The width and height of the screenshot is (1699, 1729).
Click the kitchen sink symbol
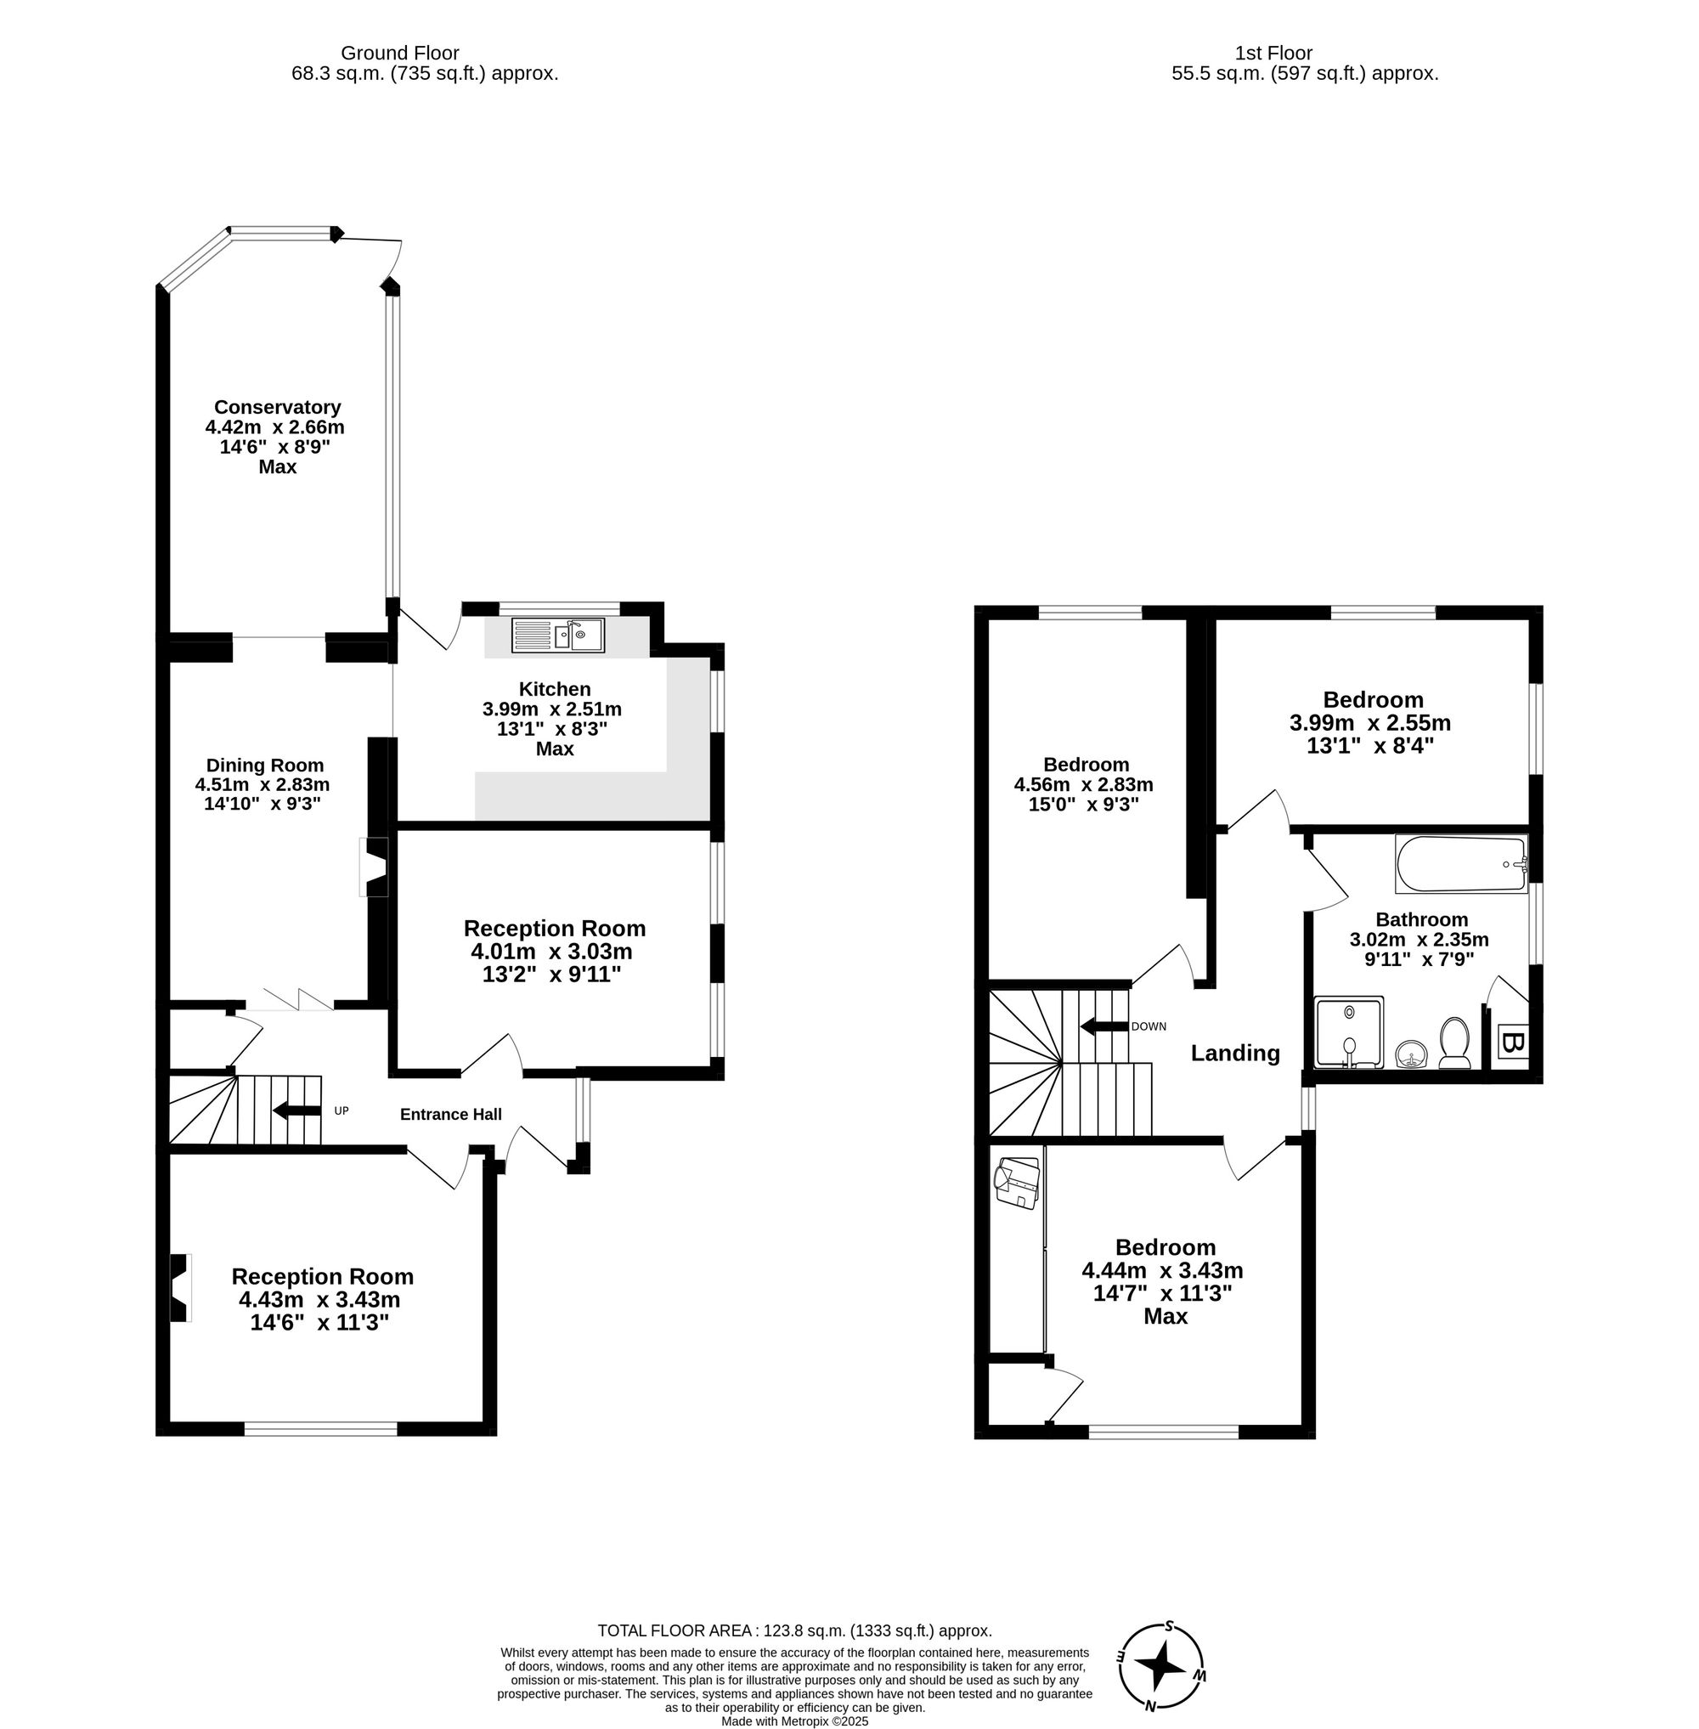559,636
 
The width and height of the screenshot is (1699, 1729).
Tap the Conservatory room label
277,407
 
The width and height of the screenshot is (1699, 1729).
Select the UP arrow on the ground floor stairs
296,1110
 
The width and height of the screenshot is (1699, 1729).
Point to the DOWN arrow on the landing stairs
1104,1026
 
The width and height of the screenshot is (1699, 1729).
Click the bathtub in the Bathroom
1461,864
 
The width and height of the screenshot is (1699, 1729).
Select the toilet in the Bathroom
1454,1042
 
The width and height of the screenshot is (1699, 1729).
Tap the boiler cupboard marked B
1511,1042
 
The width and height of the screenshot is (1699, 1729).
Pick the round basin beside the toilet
1411,1054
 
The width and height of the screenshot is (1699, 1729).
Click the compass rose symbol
1162,1664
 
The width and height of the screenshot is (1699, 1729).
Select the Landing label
1235,1054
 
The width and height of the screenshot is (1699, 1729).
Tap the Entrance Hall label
450,1114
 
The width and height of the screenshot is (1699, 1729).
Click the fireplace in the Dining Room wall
374,867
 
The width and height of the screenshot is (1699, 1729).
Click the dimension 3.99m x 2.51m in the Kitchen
551,709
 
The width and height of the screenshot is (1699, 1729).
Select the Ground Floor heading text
400,54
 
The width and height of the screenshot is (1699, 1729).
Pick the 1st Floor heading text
1273,54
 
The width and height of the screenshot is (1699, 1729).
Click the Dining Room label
265,765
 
